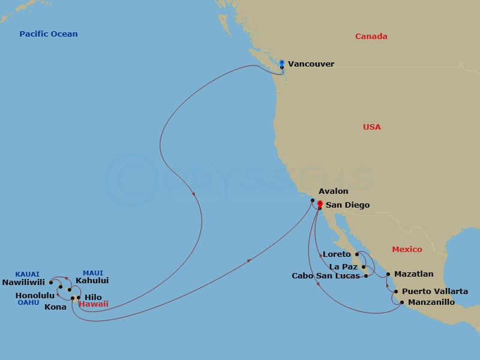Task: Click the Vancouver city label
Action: (311, 64)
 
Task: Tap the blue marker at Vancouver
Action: (281, 62)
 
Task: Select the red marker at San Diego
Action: (319, 203)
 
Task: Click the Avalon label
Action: (333, 191)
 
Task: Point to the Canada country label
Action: (371, 37)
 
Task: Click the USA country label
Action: (371, 127)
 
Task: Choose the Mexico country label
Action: (407, 249)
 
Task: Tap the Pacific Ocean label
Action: (49, 34)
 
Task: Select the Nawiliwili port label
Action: (24, 282)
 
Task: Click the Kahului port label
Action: (92, 280)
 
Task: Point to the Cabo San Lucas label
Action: (326, 276)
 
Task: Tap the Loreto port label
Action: (337, 254)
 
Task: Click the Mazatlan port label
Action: (414, 274)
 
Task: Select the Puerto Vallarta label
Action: (435, 292)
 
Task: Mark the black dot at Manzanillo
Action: (402, 302)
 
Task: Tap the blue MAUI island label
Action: (93, 272)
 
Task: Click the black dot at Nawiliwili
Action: (51, 282)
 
